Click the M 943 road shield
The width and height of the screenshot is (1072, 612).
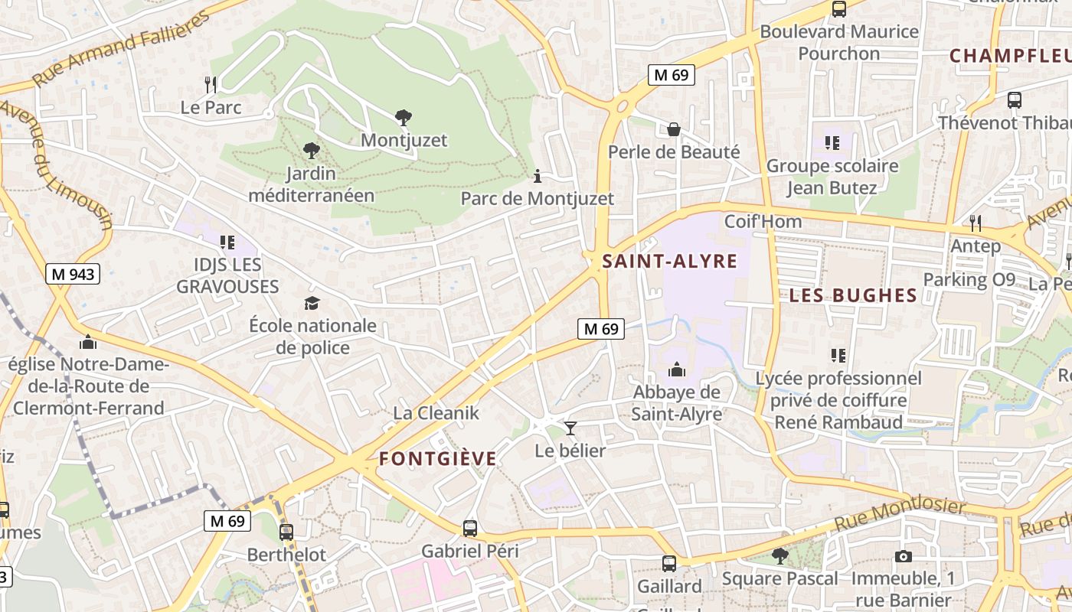(x=74, y=274)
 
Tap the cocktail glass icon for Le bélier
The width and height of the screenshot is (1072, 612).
(x=570, y=428)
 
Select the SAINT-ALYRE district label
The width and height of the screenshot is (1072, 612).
(x=670, y=262)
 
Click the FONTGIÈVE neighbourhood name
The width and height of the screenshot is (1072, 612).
(x=438, y=459)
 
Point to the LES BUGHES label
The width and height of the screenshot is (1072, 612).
(x=853, y=295)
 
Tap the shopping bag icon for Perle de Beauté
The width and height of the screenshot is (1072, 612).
(x=674, y=129)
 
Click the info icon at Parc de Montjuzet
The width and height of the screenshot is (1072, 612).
(x=538, y=177)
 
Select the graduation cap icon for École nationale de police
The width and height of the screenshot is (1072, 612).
(x=312, y=304)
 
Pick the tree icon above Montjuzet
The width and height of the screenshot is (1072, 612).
(x=404, y=118)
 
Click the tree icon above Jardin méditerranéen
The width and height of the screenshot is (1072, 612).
(x=311, y=150)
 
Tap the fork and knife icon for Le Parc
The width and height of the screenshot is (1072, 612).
(x=211, y=84)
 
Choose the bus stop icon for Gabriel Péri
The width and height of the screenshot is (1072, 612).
(x=469, y=529)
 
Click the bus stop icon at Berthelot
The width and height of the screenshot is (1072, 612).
(x=286, y=532)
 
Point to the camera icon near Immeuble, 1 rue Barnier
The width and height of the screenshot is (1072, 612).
(x=904, y=556)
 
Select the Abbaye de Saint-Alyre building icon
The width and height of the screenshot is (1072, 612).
(x=677, y=370)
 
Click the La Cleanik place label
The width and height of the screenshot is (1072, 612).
(x=436, y=413)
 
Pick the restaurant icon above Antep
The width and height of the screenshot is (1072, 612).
(x=975, y=223)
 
